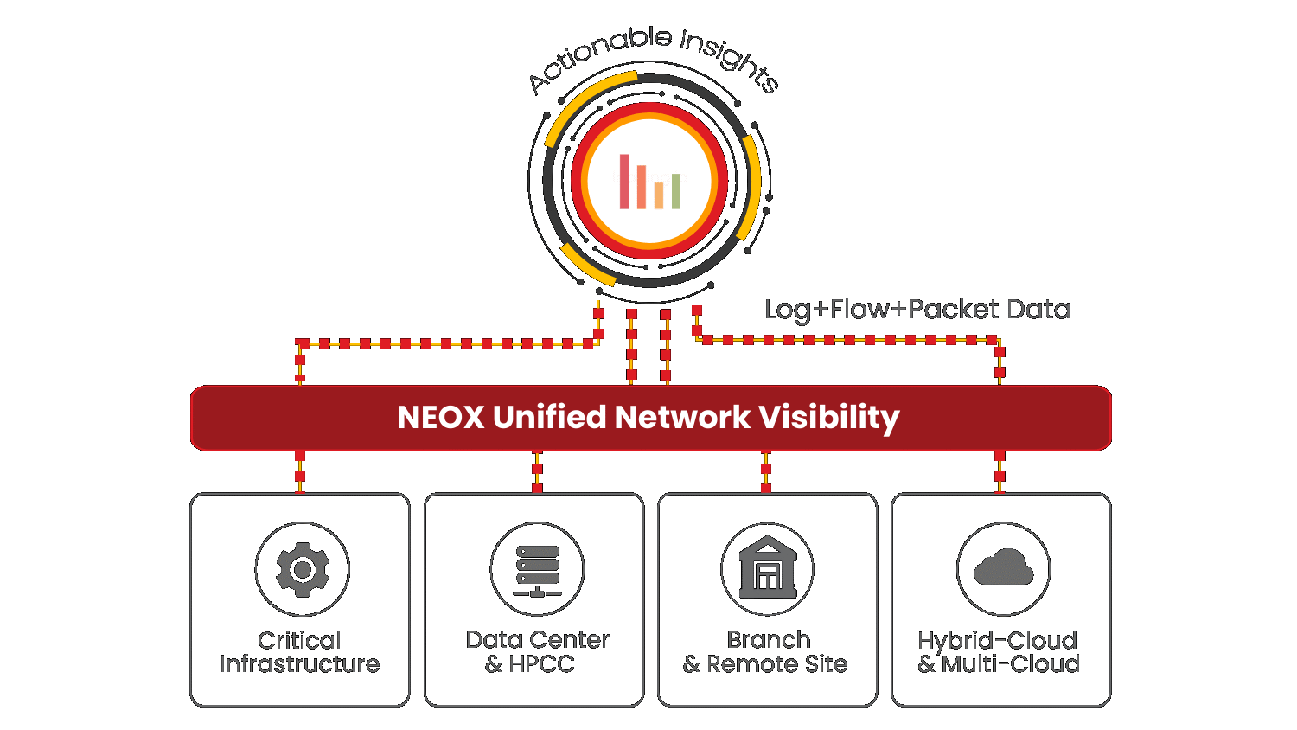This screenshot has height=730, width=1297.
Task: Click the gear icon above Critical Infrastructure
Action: (x=303, y=569)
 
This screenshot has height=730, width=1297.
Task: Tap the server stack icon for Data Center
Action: (x=537, y=570)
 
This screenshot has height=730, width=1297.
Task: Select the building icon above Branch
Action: (x=768, y=568)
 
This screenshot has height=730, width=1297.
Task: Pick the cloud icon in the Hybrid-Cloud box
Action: (x=1003, y=568)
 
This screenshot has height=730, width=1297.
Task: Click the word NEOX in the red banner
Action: (x=440, y=418)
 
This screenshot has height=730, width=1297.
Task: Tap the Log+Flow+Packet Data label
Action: (x=917, y=310)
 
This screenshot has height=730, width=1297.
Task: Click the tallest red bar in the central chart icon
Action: (x=624, y=182)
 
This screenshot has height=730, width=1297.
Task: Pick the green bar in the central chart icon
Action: (x=676, y=191)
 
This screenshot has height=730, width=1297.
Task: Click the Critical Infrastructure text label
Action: (x=300, y=652)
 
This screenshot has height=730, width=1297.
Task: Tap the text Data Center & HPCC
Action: (x=537, y=652)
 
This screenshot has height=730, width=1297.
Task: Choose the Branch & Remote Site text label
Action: (x=766, y=652)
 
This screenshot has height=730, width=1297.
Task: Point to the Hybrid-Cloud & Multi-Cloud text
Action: (x=999, y=652)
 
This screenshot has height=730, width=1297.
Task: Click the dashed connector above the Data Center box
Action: (x=537, y=471)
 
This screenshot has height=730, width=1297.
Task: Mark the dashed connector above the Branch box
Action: (x=766, y=471)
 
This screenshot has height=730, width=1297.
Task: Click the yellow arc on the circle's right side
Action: (x=752, y=186)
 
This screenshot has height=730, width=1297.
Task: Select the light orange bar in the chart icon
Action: (x=659, y=195)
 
